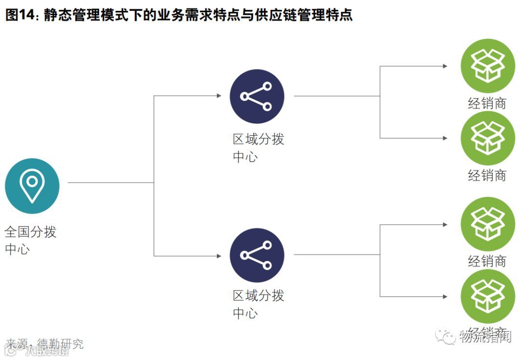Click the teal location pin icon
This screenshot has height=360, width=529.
[x=32, y=186]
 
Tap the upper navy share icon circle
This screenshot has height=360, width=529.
[x=257, y=96]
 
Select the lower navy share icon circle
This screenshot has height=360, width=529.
[x=257, y=255]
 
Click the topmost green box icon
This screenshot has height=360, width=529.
[x=487, y=66]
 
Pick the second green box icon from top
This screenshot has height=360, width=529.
[x=487, y=138]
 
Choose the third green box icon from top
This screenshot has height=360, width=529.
[x=487, y=224]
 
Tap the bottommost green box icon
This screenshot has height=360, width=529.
[x=487, y=296]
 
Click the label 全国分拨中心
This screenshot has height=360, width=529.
[x=30, y=240]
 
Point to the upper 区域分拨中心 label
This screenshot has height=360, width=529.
[x=258, y=148]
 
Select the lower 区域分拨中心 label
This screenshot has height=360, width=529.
[x=258, y=304]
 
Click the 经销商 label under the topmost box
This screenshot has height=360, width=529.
[x=487, y=103]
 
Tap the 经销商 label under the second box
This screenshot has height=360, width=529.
[x=487, y=175]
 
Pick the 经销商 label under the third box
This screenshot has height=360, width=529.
[x=487, y=261]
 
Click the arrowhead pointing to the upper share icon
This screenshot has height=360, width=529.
[x=219, y=96]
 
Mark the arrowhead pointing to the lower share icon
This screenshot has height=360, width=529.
[x=219, y=256]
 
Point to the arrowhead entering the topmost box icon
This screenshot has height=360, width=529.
[x=445, y=66]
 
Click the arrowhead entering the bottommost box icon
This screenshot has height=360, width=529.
[x=445, y=296]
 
